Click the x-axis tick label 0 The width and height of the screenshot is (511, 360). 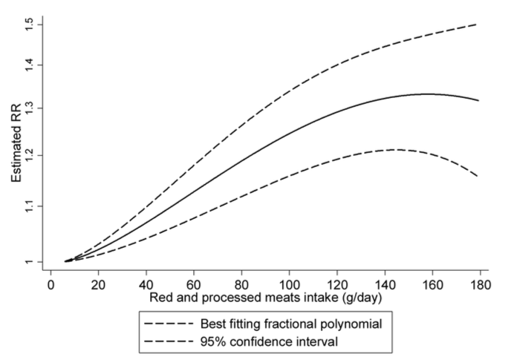(51, 286)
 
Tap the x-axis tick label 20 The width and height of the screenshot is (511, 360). (98, 286)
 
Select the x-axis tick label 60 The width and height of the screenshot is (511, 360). (193, 286)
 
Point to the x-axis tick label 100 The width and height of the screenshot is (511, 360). (289, 286)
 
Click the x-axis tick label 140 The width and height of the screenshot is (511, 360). (384, 286)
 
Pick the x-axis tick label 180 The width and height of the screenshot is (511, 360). (479, 286)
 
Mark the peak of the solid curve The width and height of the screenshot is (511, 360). (427, 94)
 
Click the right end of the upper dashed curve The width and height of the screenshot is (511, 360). (478, 24)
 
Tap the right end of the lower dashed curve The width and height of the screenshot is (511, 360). (478, 176)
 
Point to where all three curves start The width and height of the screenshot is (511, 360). (66, 261)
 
